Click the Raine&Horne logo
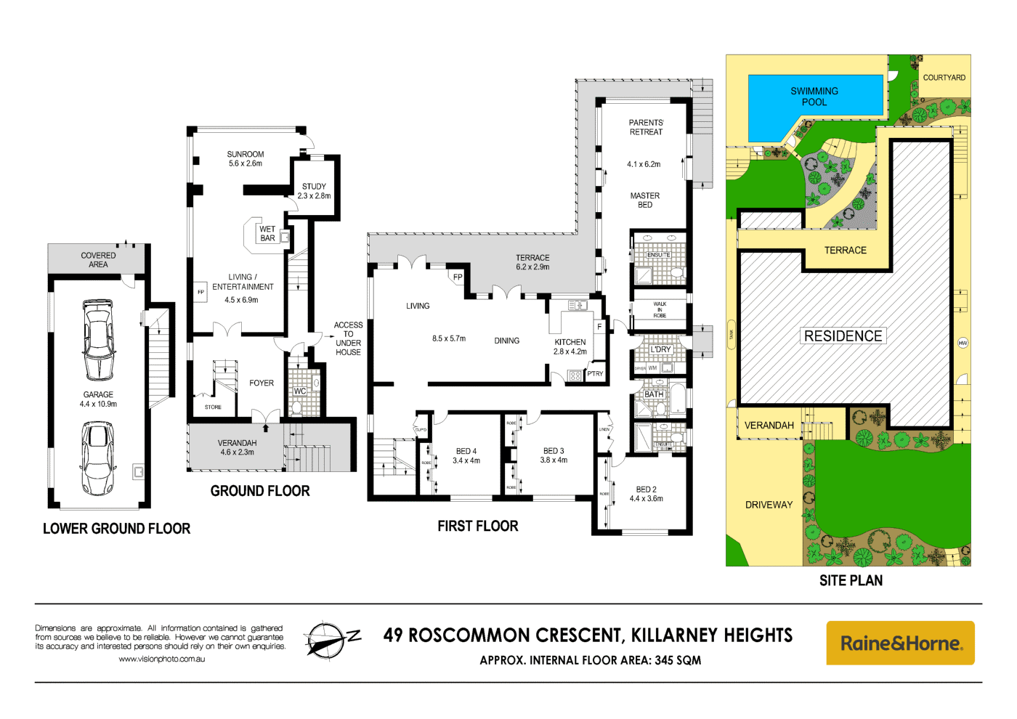[900, 643]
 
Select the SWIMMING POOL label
[814, 97]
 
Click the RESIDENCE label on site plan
[843, 336]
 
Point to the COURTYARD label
[944, 78]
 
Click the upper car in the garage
[98, 340]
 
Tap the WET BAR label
[267, 234]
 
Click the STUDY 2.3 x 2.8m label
[314, 191]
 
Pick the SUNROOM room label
[246, 159]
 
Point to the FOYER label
[262, 383]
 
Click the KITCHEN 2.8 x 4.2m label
[570, 346]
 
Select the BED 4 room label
[466, 455]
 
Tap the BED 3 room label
[554, 455]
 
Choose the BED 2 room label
[646, 494]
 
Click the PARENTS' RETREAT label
[646, 127]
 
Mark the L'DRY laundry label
[660, 349]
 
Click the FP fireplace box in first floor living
[458, 277]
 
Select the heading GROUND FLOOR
[260, 491]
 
